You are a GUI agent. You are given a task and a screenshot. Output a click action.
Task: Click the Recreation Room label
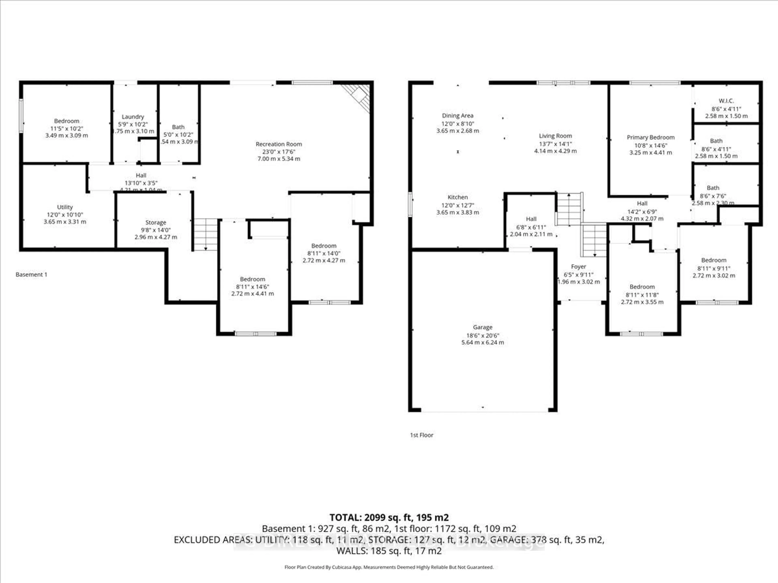[x=279, y=144]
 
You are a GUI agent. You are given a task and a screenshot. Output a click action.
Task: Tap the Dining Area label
[x=458, y=116]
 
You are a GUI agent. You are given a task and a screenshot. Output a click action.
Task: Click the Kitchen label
[x=458, y=197]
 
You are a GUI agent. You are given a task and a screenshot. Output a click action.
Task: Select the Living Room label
[x=555, y=136]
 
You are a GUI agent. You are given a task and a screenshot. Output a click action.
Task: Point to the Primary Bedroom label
[x=650, y=137]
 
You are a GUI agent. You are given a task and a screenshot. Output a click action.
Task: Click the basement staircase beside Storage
[x=205, y=234]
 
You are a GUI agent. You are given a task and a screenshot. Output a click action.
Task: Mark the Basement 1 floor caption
[x=31, y=274]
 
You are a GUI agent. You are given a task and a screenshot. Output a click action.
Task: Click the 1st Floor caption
[x=421, y=435]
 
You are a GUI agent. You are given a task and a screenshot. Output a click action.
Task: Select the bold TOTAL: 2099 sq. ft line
[x=389, y=517]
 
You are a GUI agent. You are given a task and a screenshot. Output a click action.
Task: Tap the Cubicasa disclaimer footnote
[x=389, y=567]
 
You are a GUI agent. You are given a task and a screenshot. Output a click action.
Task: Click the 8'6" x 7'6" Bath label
[x=713, y=188]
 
